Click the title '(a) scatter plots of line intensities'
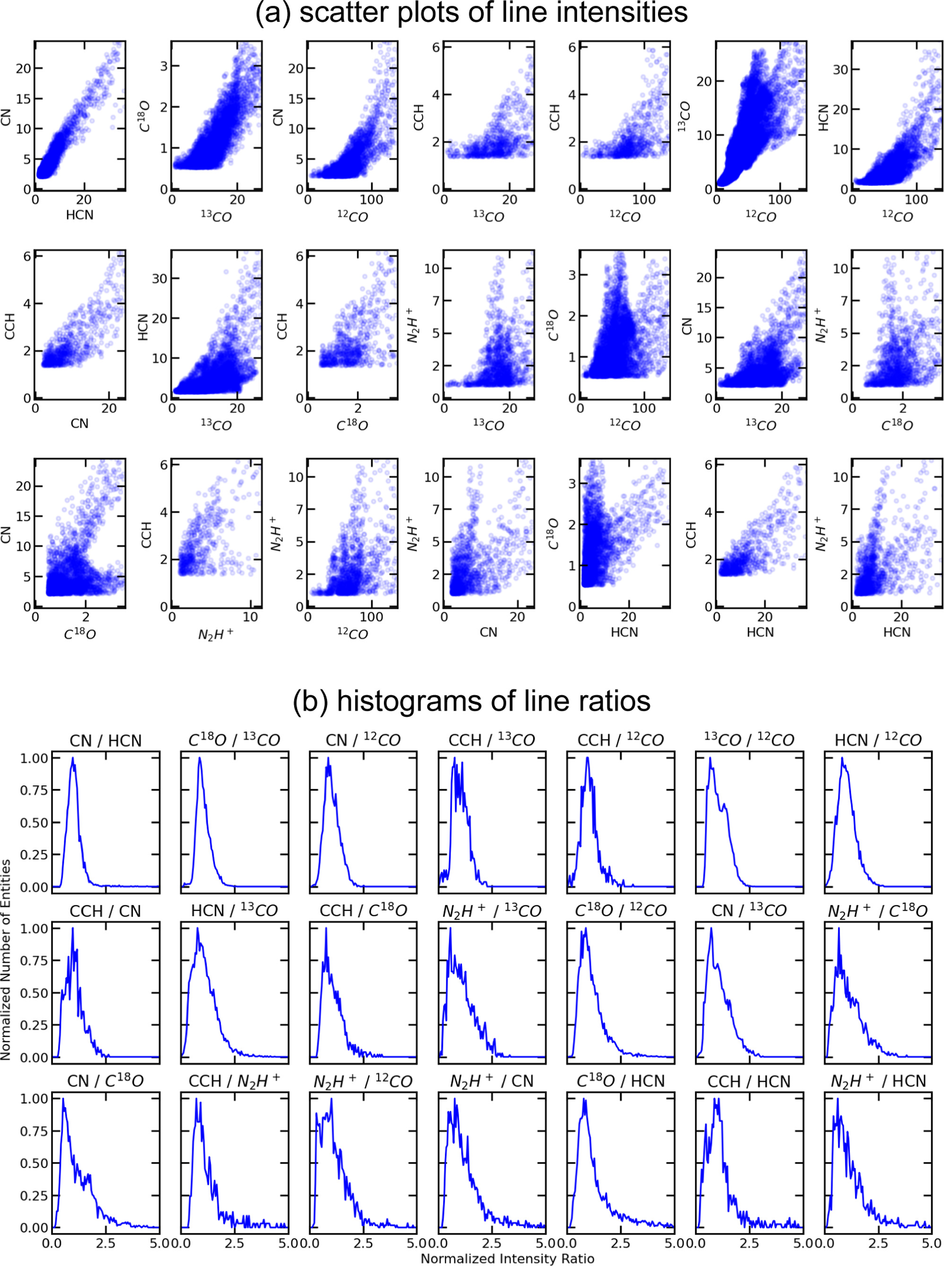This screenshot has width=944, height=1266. [471, 13]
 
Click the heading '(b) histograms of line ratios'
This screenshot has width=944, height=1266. [471, 700]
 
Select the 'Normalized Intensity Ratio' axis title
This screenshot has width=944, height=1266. [507, 1258]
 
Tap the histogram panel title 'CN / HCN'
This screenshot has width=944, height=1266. [106, 741]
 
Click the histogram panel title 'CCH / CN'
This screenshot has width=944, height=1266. [106, 911]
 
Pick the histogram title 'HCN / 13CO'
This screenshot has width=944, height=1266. [234, 911]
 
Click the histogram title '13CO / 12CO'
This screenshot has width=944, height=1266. [749, 741]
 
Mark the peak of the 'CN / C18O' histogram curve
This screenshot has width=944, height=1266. [63, 1099]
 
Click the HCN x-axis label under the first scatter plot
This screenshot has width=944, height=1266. [79, 215]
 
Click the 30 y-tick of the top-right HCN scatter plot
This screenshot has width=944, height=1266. [840, 69]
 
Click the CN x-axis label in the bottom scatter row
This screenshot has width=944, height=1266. [489, 632]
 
